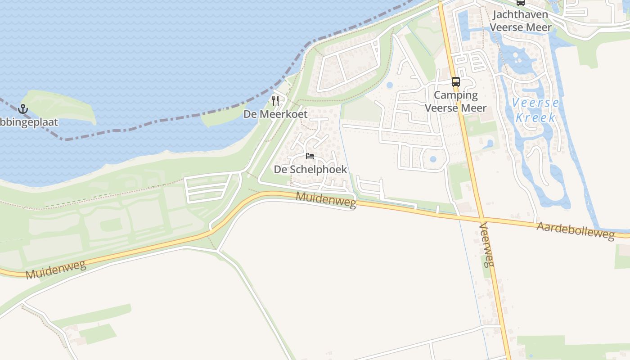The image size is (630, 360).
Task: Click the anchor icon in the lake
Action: [22, 109]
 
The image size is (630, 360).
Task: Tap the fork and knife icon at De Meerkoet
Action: [275, 100]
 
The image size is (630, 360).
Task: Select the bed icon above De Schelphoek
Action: [310, 156]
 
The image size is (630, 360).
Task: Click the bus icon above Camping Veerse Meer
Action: [456, 82]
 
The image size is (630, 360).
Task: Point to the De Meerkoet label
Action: [275, 114]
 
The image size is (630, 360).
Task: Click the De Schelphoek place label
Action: [310, 170]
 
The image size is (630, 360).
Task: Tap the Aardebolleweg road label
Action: [576, 231]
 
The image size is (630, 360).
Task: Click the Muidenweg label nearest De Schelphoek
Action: [326, 200]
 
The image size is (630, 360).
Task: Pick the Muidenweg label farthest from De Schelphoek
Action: [56, 269]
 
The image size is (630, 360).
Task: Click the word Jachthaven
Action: [520, 14]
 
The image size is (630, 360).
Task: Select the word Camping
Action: [456, 95]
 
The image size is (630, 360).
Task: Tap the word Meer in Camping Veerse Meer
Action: [474, 108]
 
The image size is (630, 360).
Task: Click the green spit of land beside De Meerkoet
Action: [220, 117]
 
